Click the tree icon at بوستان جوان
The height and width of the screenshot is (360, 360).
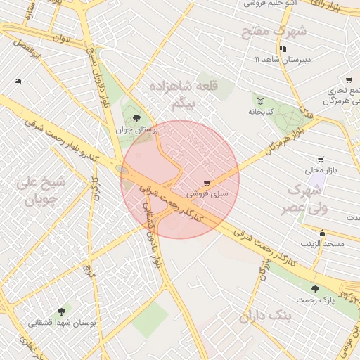click(x=136, y=118)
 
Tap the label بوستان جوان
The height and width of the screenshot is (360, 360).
click(x=137, y=130)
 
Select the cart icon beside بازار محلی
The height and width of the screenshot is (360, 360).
click(x=321, y=160)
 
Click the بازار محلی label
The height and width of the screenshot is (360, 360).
click(x=321, y=170)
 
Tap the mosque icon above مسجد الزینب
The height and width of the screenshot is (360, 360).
click(x=323, y=233)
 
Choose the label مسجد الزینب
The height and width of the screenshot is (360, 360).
click(x=323, y=244)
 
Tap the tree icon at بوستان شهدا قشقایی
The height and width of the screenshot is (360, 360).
click(x=63, y=311)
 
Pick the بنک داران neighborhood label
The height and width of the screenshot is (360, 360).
click(x=269, y=315)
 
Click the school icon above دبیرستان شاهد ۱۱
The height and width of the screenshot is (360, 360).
click(x=283, y=49)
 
